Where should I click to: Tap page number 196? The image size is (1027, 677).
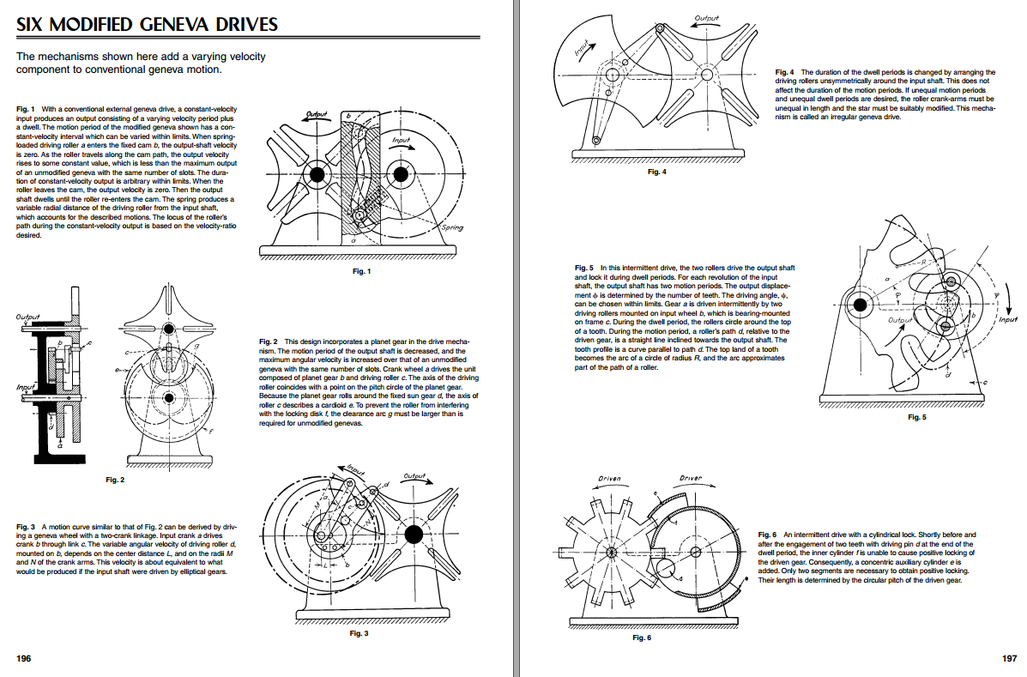[24, 658]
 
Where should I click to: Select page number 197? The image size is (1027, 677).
[1008, 658]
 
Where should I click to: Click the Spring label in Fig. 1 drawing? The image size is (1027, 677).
[451, 228]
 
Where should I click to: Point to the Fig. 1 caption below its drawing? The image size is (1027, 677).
[361, 271]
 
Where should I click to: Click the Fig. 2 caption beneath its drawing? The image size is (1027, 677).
[115, 480]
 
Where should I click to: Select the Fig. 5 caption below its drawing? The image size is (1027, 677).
[916, 417]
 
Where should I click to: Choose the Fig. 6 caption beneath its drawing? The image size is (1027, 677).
[641, 638]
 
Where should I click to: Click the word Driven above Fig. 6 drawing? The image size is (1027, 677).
[609, 478]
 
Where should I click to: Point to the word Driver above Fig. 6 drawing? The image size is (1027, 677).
[691, 478]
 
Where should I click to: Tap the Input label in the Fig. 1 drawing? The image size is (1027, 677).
[401, 139]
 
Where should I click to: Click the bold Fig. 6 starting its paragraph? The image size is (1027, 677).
[768, 535]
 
